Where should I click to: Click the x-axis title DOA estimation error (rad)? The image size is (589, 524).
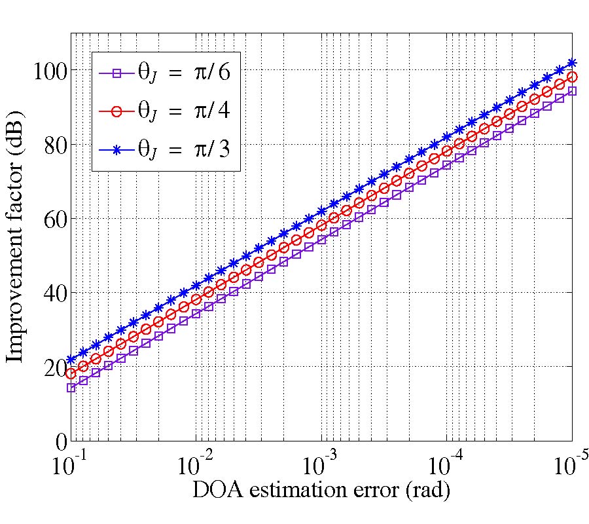click(321, 490)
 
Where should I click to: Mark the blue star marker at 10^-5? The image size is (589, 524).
click(572, 64)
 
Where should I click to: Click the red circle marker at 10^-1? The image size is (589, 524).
click(71, 373)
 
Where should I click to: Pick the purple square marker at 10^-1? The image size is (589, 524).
click(71, 388)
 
